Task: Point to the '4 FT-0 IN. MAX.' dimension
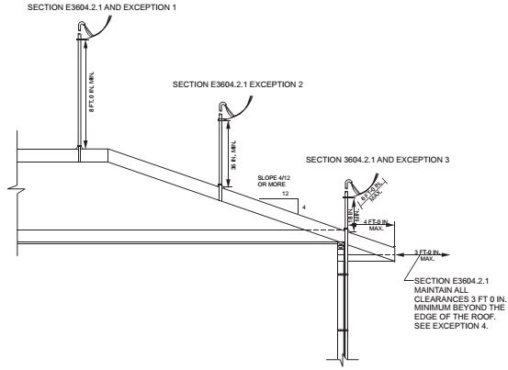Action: point(376,223)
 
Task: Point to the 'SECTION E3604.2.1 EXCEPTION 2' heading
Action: point(238,84)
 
